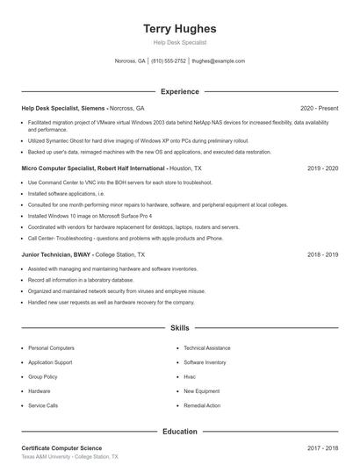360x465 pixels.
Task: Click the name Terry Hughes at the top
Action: coord(179,29)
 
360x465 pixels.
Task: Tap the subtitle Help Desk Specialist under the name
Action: coord(179,43)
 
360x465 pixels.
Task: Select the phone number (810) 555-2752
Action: coord(169,61)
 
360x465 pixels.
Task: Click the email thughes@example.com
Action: coord(218,61)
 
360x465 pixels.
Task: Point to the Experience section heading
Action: coord(179,91)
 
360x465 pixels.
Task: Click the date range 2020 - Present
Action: coord(319,108)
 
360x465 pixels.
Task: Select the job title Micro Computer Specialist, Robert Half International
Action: coord(93,168)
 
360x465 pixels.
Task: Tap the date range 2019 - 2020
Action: coord(322,168)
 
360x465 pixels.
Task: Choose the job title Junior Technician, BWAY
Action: coord(58,254)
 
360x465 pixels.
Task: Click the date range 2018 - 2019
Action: coord(322,254)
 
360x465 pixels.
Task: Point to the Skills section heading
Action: coord(179,328)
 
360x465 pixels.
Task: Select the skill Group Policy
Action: coord(44,376)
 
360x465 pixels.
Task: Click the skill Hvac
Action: coord(190,376)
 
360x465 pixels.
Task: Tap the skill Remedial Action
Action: coord(202,406)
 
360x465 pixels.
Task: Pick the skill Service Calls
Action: coord(43,406)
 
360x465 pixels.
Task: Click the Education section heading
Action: coord(179,432)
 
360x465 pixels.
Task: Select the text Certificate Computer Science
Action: coord(61,448)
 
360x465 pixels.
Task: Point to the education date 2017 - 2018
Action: coord(322,448)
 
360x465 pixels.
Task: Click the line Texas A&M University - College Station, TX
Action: coord(69,457)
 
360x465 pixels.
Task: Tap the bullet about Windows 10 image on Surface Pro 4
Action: coord(90,215)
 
